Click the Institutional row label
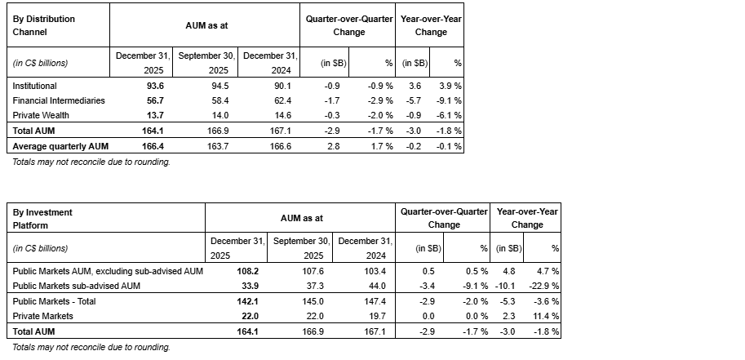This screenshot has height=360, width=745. click(34, 85)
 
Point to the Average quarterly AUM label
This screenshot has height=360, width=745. click(60, 146)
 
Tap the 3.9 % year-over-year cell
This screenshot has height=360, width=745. click(450, 85)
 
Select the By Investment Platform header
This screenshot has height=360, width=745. click(42, 218)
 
